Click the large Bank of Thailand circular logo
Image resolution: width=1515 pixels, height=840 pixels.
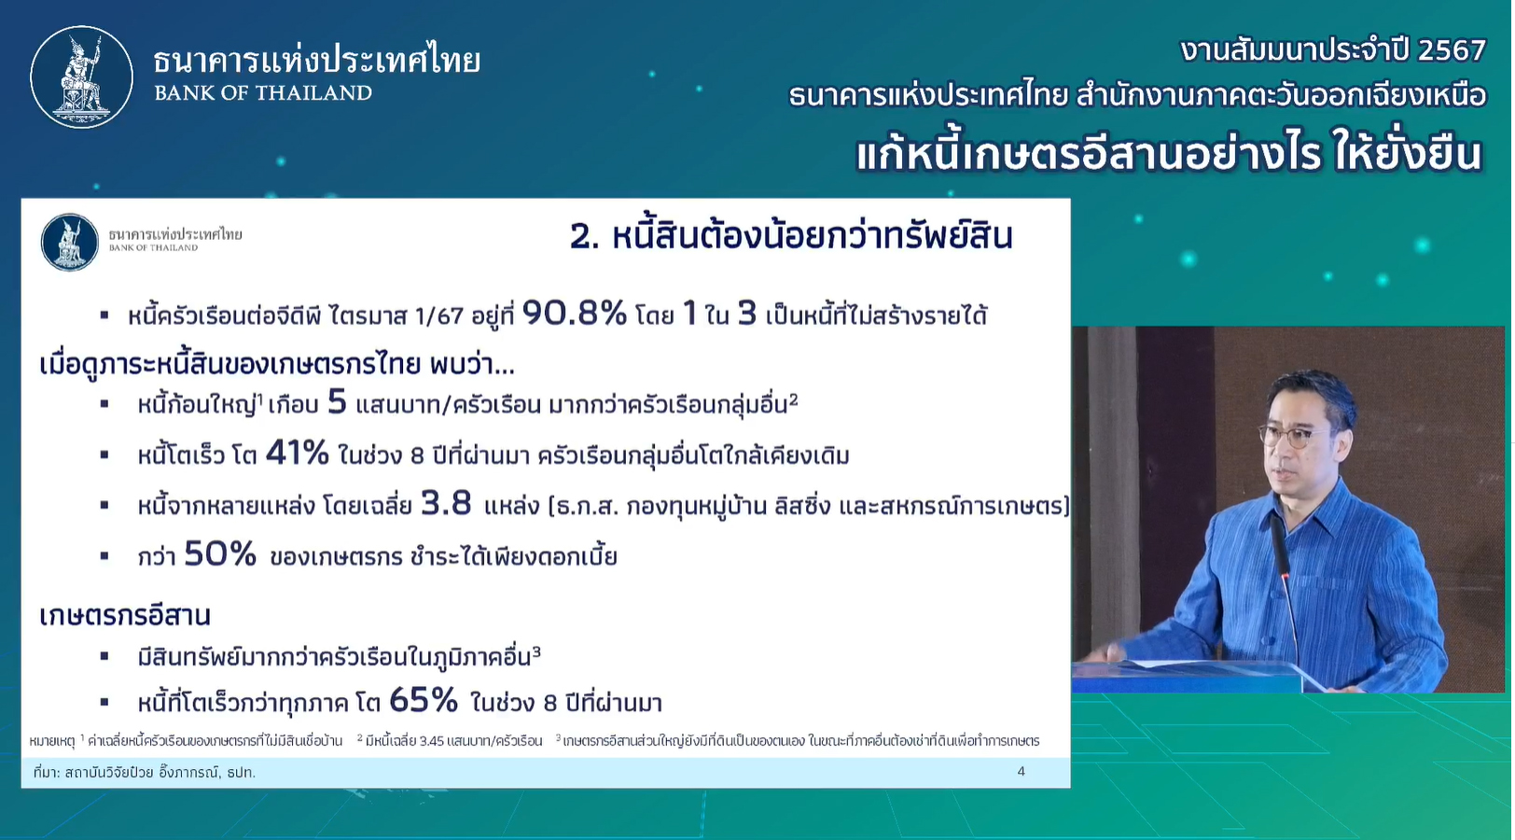point(81,77)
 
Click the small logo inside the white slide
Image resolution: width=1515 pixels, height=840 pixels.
point(70,242)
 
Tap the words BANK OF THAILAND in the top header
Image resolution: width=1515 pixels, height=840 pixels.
point(263,92)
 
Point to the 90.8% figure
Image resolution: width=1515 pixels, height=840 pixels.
point(575,314)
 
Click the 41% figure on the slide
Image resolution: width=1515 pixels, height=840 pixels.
point(297,453)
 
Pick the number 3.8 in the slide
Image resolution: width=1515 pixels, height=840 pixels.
point(446,504)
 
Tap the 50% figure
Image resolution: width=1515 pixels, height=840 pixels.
point(220,554)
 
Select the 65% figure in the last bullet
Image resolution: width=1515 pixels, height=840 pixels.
point(424,701)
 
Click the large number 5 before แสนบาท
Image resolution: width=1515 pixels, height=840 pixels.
point(337,402)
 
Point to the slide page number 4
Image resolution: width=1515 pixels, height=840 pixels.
point(1022,772)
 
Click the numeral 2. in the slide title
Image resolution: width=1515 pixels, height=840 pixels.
point(585,238)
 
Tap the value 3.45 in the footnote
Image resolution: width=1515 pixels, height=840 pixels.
point(432,741)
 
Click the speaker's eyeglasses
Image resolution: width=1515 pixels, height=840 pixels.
point(1293,436)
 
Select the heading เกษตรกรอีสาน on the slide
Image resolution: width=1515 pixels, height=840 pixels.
point(125,616)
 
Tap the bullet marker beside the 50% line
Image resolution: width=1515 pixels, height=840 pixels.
point(104,556)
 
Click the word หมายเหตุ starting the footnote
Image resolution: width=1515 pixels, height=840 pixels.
point(52,741)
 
